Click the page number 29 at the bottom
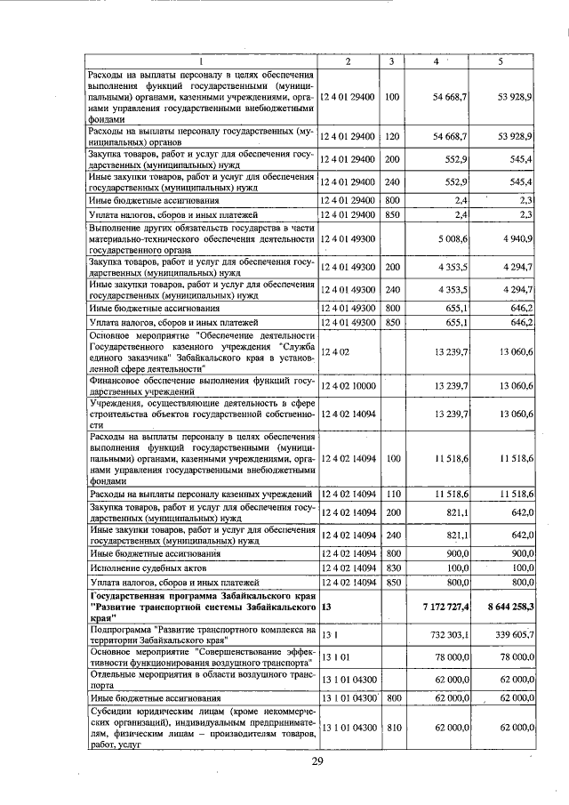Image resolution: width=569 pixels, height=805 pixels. tap(317, 763)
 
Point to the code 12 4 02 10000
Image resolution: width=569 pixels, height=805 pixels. tap(348, 385)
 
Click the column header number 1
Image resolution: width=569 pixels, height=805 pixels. tap(202, 60)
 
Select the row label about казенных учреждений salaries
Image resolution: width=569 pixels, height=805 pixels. tap(202, 493)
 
